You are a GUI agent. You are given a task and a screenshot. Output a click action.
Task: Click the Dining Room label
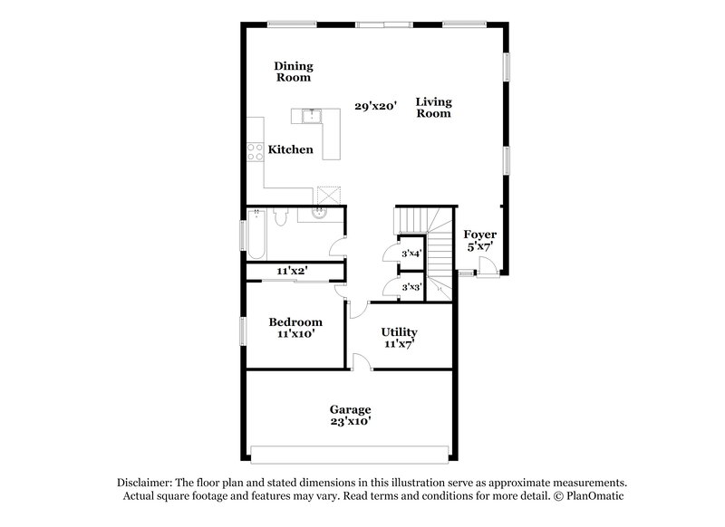tap(293, 72)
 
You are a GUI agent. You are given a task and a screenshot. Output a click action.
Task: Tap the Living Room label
tap(433, 108)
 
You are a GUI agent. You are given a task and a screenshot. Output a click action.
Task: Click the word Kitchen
tap(290, 149)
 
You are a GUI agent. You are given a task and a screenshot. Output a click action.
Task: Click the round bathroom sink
tap(319, 214)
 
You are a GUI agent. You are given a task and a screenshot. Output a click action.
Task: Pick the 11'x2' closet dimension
tap(294, 270)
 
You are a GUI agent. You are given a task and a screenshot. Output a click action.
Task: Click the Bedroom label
tap(295, 328)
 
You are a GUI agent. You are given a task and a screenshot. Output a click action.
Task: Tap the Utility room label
tap(399, 338)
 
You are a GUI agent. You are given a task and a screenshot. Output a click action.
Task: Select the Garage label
tap(349, 415)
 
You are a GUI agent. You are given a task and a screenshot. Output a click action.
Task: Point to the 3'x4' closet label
tap(411, 254)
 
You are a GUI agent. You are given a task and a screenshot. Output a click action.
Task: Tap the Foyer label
tap(479, 240)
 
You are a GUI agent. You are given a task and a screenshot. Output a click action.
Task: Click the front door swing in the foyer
tap(486, 264)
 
